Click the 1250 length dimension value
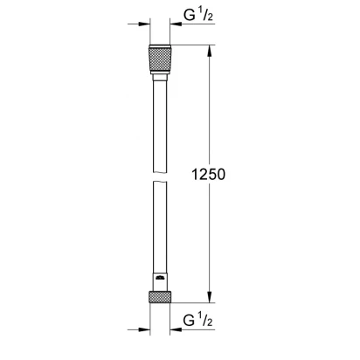pos(208,174)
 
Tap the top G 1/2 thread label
pos(198,15)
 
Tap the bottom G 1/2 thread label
pos(198,321)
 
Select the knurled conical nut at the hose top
pos(160,59)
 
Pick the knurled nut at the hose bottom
pos(160,296)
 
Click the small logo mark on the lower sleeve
pos(160,278)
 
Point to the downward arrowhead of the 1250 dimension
pos(210,296)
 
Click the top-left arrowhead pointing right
pos(144,24)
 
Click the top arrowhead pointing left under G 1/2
pos(176,24)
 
